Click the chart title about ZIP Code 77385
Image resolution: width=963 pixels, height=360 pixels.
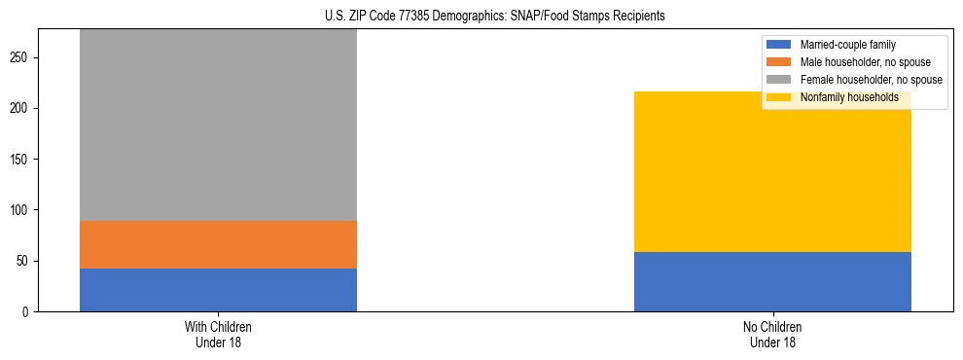481,17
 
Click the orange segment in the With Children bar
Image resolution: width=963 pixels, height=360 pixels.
218,244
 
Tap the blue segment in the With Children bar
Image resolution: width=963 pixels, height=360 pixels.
218,290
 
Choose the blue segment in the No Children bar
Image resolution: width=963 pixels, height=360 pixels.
772,281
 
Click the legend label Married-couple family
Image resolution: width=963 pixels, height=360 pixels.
847,45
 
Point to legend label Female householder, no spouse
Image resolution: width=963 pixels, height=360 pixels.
871,80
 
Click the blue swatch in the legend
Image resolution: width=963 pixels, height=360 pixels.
780,45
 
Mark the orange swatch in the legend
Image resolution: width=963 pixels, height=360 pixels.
780,62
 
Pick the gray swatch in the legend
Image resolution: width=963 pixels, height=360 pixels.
780,80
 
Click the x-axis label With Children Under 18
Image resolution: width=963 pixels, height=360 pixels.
218,334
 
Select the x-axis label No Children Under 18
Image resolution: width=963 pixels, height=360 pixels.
772,334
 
